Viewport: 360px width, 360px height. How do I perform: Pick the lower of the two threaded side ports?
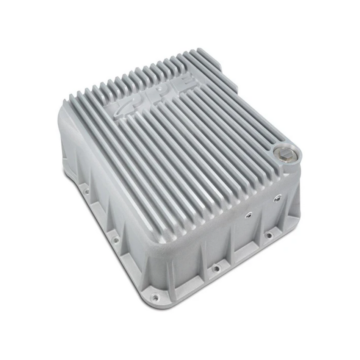(x=249, y=215)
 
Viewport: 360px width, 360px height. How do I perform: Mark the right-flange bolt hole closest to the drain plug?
(x=269, y=235)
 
